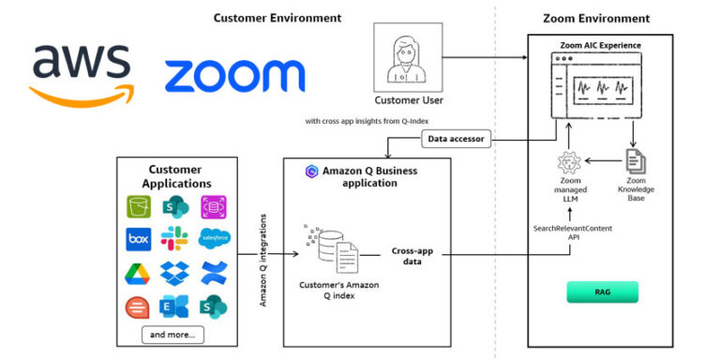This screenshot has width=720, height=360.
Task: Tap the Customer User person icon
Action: click(x=408, y=58)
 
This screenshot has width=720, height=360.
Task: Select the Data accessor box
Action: click(x=457, y=140)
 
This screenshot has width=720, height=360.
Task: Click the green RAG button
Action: click(x=602, y=292)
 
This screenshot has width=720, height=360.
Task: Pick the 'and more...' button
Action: click(x=173, y=334)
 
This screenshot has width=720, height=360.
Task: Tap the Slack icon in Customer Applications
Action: click(x=173, y=239)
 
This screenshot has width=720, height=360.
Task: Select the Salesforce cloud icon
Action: click(x=214, y=239)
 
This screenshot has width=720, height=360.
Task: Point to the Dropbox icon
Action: click(x=173, y=273)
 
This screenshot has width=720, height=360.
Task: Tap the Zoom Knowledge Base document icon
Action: click(x=635, y=161)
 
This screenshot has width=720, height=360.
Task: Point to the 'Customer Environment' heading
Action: click(x=277, y=18)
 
